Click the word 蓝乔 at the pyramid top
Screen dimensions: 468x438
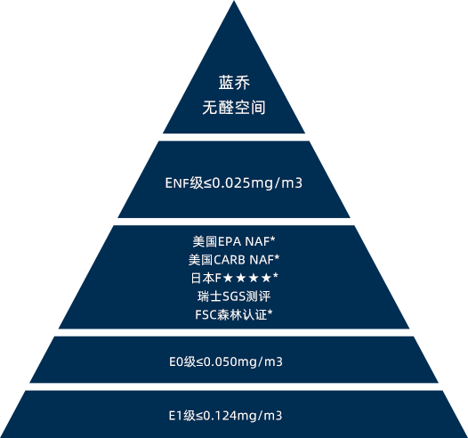coord(234,83)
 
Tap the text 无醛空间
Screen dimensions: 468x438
coord(234,108)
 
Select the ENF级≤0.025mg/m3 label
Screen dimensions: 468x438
coord(234,182)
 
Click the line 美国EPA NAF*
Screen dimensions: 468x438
coord(234,241)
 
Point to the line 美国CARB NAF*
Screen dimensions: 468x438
coord(234,260)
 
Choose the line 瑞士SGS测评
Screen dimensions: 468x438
coord(234,296)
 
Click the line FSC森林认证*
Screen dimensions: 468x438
coord(234,314)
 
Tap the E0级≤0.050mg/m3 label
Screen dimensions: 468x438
coord(226,361)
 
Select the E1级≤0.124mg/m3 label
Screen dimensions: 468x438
coord(226,416)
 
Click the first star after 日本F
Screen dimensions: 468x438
coord(228,278)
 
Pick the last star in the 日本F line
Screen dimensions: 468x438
coord(266,278)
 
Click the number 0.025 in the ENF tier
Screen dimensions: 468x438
coord(231,182)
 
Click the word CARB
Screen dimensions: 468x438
coord(230,260)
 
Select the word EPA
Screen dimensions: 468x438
coord(230,242)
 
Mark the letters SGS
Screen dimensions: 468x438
coord(234,296)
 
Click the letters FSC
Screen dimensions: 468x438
coord(206,315)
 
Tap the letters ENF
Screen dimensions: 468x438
coord(177,183)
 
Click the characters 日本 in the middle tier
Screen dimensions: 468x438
coord(203,278)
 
